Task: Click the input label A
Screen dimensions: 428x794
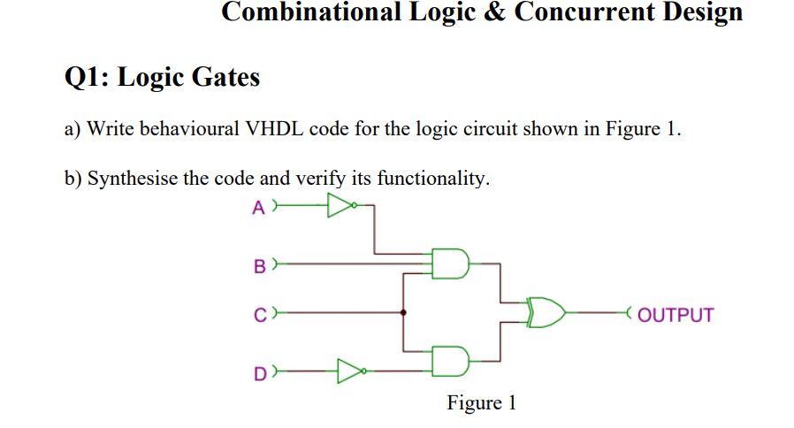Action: click(257, 208)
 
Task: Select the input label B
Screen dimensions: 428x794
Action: click(259, 264)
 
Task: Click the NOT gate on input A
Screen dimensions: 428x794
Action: click(340, 207)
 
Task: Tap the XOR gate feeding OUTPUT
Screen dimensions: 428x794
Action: click(546, 312)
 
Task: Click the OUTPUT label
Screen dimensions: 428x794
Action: click(675, 315)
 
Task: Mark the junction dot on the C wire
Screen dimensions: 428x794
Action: click(404, 312)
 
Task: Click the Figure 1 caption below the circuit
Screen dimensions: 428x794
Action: click(481, 403)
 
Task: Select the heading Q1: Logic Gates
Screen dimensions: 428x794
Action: click(163, 78)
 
